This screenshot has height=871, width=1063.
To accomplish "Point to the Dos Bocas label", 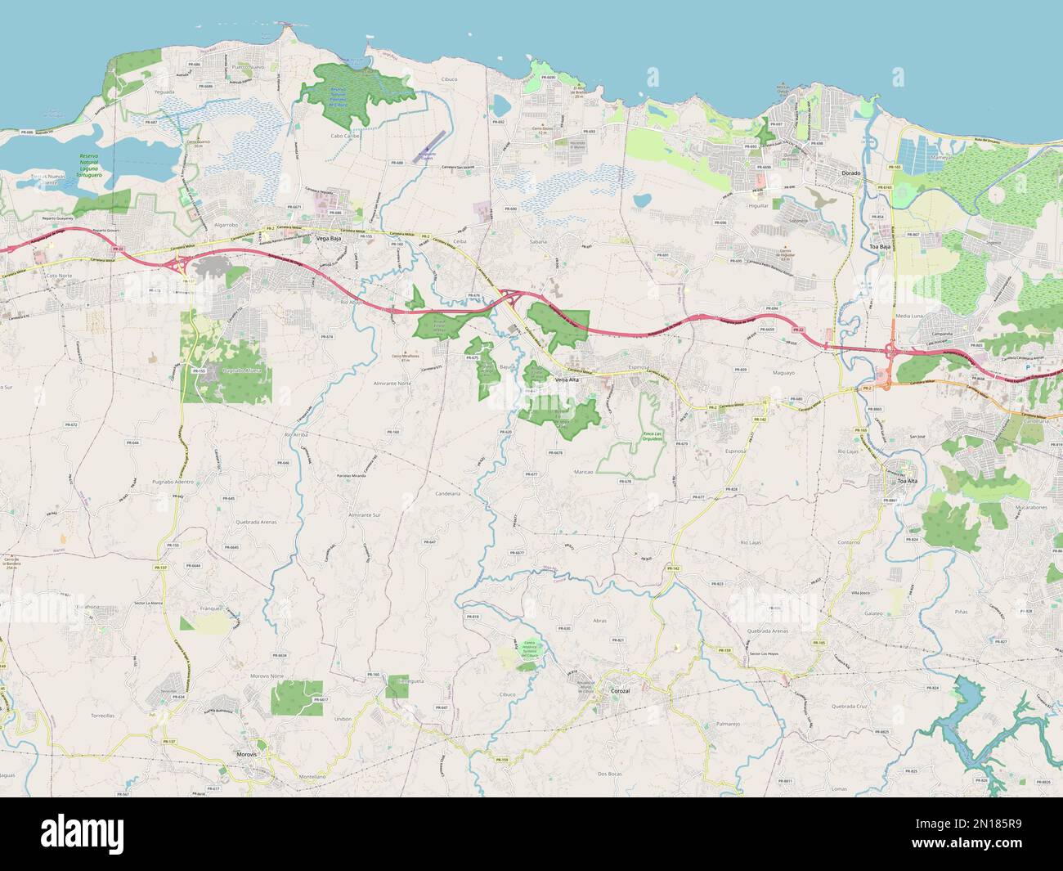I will point(612,773).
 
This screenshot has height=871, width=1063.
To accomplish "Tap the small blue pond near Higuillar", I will point(642,200).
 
